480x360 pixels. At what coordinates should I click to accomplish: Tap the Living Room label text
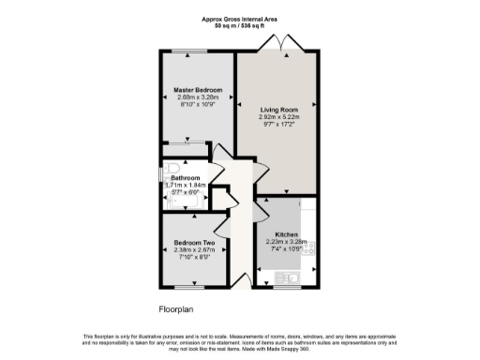point(278,109)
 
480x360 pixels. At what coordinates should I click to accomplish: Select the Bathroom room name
point(184,176)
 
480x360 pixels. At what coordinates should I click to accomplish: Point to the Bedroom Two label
point(194,242)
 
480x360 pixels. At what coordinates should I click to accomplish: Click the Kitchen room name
point(286,233)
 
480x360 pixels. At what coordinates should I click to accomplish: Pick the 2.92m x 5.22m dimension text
point(278,117)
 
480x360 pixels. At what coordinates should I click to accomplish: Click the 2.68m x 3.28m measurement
point(197,97)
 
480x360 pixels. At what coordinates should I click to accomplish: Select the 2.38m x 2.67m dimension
point(194,250)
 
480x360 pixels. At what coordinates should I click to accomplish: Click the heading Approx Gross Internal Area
point(240,19)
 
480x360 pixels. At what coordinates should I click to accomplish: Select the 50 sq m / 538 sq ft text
point(240,26)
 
